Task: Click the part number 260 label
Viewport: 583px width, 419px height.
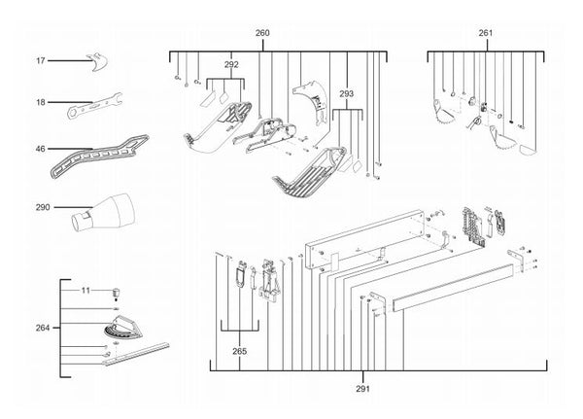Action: pos(262,33)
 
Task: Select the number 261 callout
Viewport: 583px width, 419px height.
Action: pos(486,33)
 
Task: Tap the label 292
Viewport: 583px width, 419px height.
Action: pos(231,64)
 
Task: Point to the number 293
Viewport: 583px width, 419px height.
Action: pos(347,93)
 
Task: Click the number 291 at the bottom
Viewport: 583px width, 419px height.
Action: pos(362,389)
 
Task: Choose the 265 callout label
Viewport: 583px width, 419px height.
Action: pos(239,351)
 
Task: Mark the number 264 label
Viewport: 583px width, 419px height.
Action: pos(43,328)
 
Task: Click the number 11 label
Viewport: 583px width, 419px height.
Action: pos(86,290)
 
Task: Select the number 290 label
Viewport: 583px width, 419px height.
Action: pos(43,207)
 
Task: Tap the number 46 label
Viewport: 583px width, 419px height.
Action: pos(40,149)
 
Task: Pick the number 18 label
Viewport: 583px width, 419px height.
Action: pos(41,102)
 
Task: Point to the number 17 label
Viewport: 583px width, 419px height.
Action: pos(41,60)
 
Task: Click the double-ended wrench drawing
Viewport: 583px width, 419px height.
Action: pos(95,106)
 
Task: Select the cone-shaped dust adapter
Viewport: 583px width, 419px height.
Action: pos(103,212)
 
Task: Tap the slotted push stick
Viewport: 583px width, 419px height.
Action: pos(99,157)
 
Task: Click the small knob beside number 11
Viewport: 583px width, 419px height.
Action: pos(117,293)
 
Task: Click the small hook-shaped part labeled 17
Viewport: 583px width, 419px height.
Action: pos(97,62)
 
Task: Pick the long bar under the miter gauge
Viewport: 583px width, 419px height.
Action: pos(136,354)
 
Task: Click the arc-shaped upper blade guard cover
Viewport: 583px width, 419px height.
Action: pos(312,100)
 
